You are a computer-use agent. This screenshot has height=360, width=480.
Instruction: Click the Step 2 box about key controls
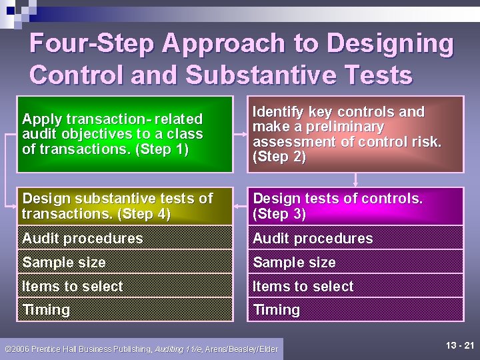pyautogui.click(x=355, y=134)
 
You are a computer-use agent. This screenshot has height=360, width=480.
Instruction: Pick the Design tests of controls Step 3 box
pyautogui.click(x=355, y=206)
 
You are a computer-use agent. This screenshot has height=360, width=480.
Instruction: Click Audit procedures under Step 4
pyautogui.click(x=83, y=238)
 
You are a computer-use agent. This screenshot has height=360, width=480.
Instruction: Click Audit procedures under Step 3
pyautogui.click(x=313, y=238)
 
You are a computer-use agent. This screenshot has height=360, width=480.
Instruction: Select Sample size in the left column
pyautogui.click(x=64, y=263)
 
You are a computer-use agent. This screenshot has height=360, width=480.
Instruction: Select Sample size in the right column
pyautogui.click(x=294, y=263)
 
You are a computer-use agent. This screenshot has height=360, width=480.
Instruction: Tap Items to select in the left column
pyautogui.click(x=73, y=287)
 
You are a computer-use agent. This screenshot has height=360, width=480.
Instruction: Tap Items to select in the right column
pyautogui.click(x=303, y=287)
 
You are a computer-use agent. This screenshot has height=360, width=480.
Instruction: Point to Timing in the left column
pyautogui.click(x=46, y=310)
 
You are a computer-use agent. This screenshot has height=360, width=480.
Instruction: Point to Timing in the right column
pyautogui.click(x=276, y=310)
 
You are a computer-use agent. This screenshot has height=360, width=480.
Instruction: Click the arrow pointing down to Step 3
pyautogui.click(x=356, y=179)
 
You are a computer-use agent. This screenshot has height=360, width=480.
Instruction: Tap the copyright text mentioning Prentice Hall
pyautogui.click(x=141, y=349)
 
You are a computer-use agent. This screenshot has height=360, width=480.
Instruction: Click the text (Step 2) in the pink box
pyautogui.click(x=279, y=157)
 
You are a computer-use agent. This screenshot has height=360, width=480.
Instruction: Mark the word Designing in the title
pyautogui.click(x=389, y=44)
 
